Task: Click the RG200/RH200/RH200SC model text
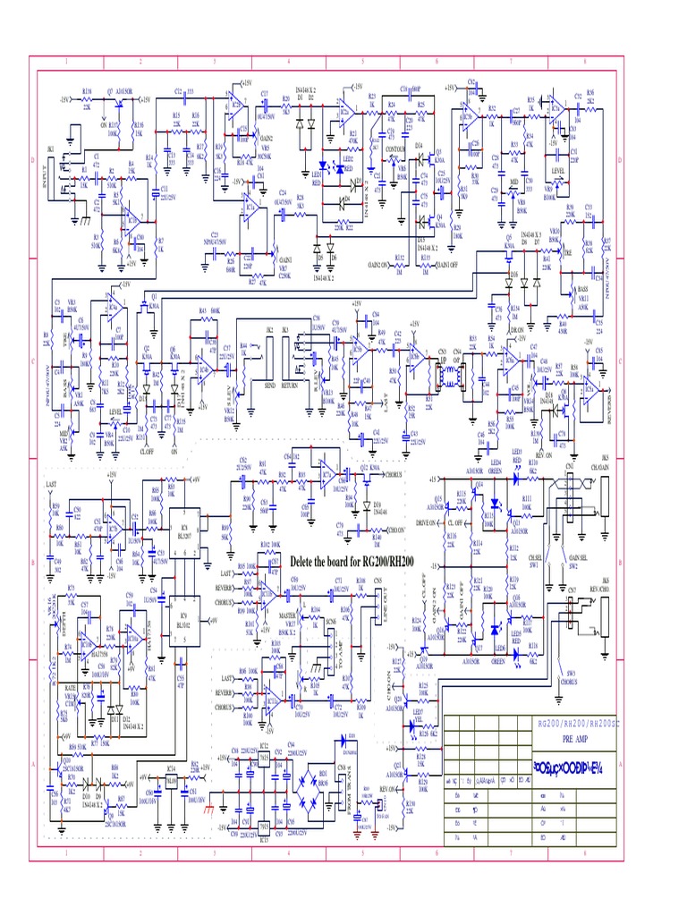575,723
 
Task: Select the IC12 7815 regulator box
265,758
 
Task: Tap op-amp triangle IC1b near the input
131,216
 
